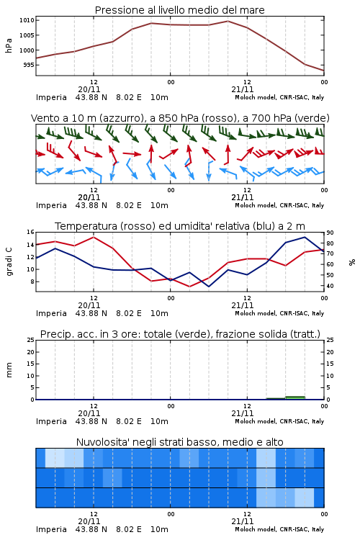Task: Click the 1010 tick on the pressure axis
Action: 27,20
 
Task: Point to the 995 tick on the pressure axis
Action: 29,65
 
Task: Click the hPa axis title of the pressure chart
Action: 9,45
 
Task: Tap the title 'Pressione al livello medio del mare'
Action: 180,10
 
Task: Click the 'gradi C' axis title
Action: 9,262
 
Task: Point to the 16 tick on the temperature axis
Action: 31,232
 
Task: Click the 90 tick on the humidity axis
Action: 330,233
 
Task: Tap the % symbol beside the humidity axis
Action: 352,262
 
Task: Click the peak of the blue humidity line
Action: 305,237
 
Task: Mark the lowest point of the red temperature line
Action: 189,287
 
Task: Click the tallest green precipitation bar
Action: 295,397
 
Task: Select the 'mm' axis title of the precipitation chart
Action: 9,370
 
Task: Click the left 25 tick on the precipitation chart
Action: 31,340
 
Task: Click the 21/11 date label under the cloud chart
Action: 243,521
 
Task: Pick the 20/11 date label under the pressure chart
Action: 89,89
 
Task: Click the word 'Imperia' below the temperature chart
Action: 51,313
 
